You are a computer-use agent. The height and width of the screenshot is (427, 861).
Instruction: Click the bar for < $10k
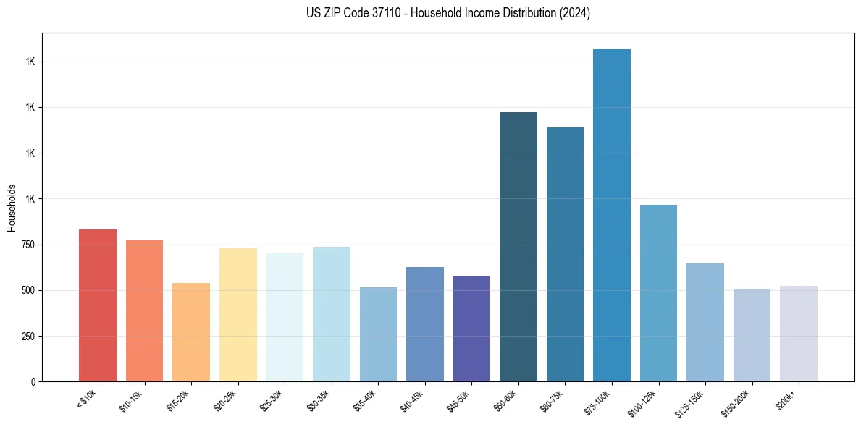[x=98, y=305]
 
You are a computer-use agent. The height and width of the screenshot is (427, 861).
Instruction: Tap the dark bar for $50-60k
[x=518, y=247]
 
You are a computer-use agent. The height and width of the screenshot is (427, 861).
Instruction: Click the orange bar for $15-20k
[x=191, y=332]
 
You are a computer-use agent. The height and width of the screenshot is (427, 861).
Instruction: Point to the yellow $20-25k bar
[x=238, y=315]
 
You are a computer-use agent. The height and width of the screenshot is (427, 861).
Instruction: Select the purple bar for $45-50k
[x=471, y=329]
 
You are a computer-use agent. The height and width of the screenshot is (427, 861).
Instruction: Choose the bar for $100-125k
[x=658, y=293]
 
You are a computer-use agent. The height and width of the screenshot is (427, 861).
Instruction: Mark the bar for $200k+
[x=799, y=334]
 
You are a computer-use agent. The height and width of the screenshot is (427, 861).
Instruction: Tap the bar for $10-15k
[x=144, y=310]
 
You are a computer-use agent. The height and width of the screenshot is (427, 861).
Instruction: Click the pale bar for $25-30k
[x=285, y=317]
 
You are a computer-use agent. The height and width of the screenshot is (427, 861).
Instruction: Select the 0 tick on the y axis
[x=33, y=381]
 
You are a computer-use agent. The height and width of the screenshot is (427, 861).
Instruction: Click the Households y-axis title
[x=12, y=207]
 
